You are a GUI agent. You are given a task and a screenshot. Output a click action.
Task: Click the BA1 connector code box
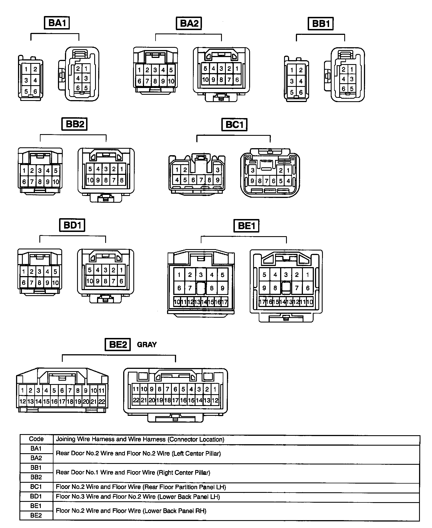(57, 23)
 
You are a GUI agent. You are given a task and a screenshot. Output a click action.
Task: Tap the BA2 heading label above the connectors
(189, 23)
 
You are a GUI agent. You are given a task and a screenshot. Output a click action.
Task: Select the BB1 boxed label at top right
(321, 24)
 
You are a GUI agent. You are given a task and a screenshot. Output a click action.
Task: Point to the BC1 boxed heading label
(234, 125)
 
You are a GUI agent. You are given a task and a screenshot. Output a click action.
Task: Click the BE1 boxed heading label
(246, 226)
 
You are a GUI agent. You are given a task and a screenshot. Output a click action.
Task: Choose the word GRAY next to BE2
(147, 345)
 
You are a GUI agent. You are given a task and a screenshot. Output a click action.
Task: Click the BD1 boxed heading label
(72, 225)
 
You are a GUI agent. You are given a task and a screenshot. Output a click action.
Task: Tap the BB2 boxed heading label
(75, 124)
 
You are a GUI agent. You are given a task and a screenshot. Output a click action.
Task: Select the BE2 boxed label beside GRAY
(118, 345)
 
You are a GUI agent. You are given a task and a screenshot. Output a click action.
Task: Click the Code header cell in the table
(36, 439)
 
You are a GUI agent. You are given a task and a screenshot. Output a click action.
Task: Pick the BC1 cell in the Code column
(36, 487)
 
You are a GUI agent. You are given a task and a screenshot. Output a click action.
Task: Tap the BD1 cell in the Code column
(36, 496)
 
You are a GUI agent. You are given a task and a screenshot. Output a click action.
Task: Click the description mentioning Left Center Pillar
(138, 453)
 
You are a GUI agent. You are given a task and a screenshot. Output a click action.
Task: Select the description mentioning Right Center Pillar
(133, 472)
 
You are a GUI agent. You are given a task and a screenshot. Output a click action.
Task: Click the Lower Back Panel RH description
(131, 511)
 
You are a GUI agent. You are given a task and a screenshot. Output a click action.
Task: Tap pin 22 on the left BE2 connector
(102, 402)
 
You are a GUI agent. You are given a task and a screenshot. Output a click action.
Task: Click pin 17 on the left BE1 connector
(224, 302)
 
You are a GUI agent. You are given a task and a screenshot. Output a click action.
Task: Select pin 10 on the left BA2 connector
(171, 82)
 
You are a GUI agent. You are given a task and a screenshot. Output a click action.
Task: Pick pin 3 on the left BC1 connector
(217, 170)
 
